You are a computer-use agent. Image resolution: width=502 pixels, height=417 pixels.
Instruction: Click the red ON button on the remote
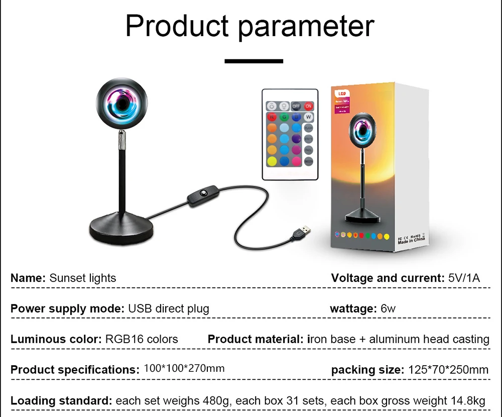click(x=309, y=106)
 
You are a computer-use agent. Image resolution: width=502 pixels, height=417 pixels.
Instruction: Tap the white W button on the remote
click(x=309, y=117)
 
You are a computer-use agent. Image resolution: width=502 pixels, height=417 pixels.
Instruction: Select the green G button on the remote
click(x=284, y=117)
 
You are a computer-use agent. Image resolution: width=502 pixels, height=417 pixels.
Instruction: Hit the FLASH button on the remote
click(x=309, y=128)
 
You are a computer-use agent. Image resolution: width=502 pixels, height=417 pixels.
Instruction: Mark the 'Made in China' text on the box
click(x=412, y=240)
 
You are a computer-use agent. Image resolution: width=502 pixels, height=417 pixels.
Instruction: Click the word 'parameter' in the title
click(x=306, y=26)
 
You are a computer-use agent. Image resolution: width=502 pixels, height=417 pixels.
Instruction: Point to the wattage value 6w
click(x=388, y=308)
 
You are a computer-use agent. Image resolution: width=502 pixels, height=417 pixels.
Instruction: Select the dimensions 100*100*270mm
click(x=184, y=368)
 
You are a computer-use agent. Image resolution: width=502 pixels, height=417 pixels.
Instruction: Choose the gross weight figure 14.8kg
click(x=467, y=401)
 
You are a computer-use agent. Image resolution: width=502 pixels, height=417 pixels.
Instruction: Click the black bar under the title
click(x=254, y=61)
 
